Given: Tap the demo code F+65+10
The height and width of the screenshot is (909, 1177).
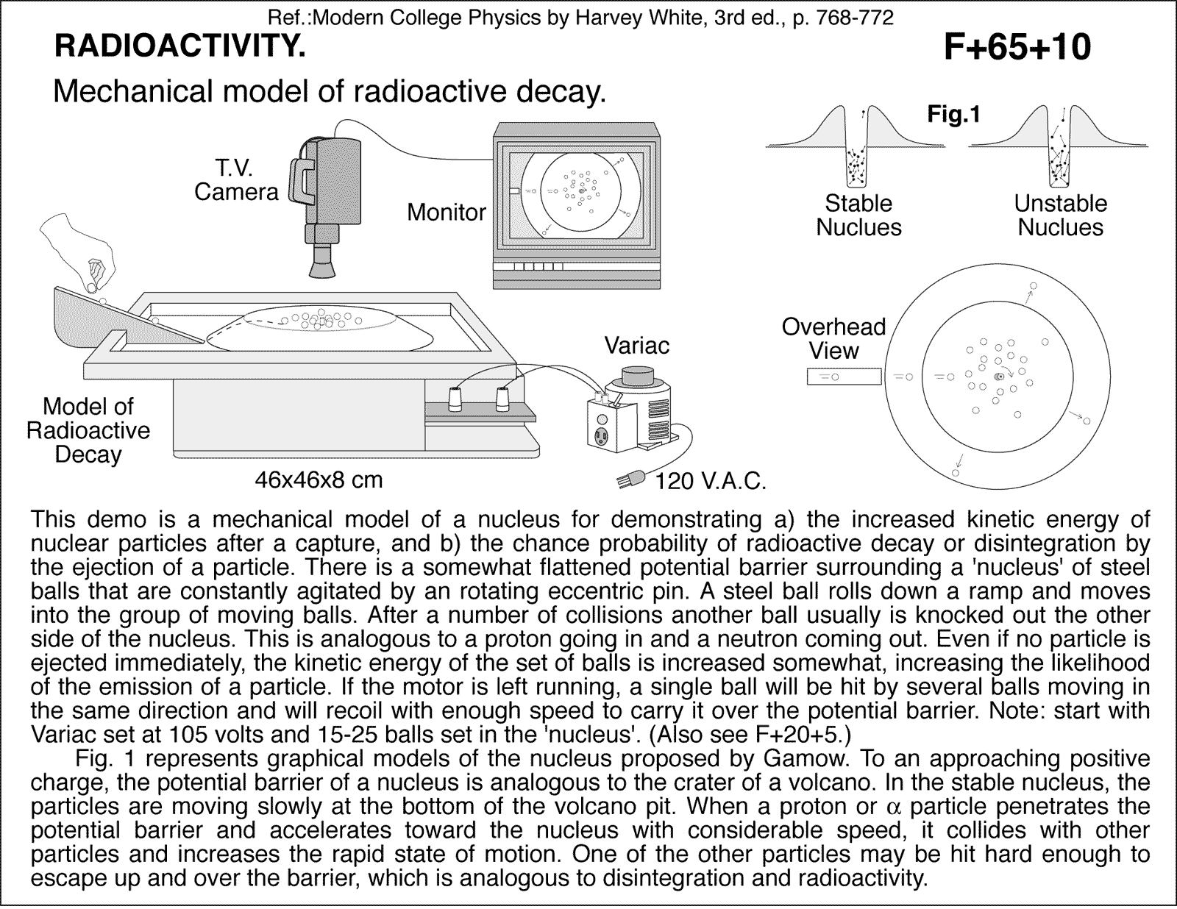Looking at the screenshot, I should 1017,48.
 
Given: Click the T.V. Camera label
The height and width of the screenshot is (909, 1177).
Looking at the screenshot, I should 235,180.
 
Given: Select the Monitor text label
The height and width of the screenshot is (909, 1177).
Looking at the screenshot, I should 446,213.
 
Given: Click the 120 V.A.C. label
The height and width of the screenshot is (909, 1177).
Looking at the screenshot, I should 711,482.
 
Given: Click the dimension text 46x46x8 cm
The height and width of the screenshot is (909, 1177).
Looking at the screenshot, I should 319,480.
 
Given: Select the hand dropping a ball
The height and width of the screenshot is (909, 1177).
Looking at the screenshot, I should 81,250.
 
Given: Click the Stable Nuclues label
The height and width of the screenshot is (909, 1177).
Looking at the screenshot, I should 858,215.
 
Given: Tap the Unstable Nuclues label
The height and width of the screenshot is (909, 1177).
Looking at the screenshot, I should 1060,215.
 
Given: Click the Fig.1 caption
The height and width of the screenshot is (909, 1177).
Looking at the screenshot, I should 953,115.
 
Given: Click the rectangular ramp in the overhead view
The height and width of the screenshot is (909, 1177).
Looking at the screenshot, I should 844,377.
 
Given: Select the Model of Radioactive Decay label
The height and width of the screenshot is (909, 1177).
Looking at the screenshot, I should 88,430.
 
